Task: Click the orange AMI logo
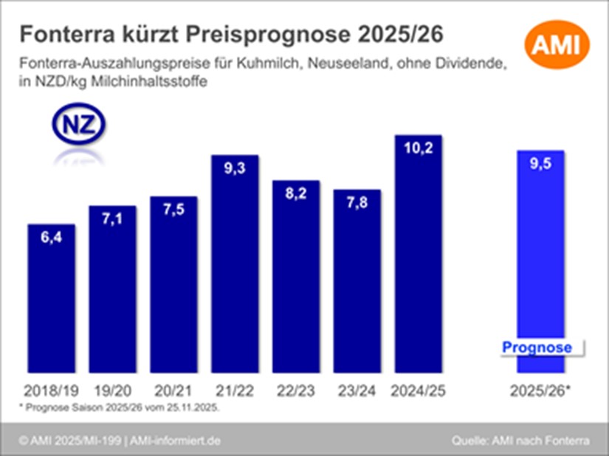(557, 46)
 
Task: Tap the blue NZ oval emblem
(78, 125)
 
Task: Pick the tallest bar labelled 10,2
(418, 258)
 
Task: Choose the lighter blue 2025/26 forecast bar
(541, 251)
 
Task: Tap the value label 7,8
(357, 201)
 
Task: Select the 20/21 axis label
(173, 389)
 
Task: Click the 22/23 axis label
(296, 389)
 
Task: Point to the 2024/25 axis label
(418, 389)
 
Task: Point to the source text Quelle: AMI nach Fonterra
(520, 441)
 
